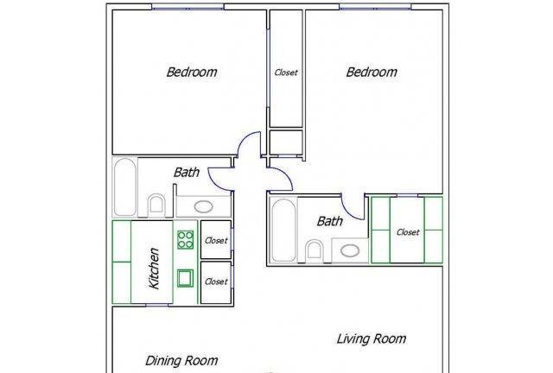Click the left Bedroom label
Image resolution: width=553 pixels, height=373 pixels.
point(192,72)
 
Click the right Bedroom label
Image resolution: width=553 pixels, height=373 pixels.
point(372,72)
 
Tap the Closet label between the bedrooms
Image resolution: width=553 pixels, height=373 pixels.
point(286,73)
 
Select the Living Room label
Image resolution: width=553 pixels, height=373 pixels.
point(372,338)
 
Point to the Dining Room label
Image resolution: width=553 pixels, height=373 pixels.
point(181,360)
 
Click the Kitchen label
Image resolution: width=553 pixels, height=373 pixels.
point(154,269)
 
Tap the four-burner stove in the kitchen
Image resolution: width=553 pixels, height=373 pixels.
point(186,240)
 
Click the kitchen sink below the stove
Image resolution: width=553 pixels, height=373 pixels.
point(185,278)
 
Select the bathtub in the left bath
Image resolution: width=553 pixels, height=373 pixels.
point(125,186)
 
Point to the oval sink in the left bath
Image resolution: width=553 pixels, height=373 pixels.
point(204,206)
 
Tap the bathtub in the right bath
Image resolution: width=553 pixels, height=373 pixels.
point(283,230)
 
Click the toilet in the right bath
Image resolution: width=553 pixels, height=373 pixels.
point(315,250)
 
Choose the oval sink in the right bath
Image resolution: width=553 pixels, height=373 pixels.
point(350,251)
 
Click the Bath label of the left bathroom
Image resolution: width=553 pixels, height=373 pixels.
point(187,173)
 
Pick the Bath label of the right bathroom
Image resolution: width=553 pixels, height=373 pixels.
point(330,221)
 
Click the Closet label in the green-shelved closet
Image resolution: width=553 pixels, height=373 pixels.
point(408,232)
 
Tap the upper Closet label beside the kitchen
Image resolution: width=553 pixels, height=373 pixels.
point(216,240)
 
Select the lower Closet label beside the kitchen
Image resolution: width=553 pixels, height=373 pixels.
point(216,281)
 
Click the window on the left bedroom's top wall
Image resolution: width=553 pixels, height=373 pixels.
point(188,7)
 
